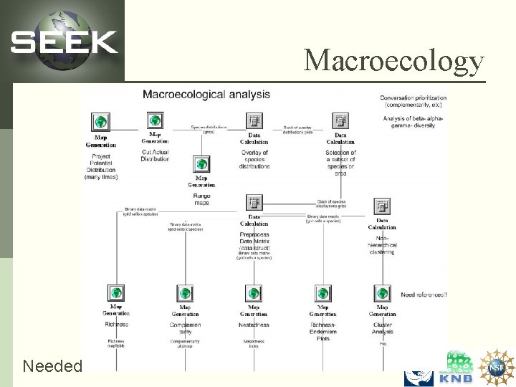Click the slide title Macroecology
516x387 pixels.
point(393,60)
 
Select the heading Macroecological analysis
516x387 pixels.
point(206,94)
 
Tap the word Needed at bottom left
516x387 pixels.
point(52,366)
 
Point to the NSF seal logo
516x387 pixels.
point(497,366)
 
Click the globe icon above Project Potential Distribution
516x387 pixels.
point(101,122)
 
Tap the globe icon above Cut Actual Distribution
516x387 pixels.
point(155,120)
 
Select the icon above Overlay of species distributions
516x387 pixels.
point(254,120)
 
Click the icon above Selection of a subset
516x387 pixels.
point(340,120)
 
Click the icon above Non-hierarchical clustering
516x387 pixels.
point(381,206)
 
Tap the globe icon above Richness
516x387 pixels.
point(116,293)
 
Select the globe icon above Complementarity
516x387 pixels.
point(185,293)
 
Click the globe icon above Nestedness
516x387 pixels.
point(254,293)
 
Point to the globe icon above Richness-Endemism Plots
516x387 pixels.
point(322,293)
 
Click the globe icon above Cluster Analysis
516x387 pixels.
point(382,293)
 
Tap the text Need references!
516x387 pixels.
point(424,295)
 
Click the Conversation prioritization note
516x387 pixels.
point(413,101)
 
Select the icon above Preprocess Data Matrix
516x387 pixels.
point(254,202)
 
